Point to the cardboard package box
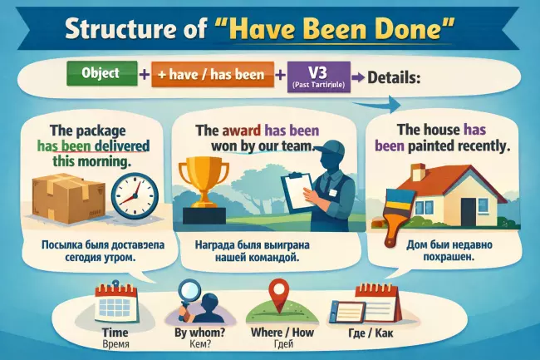(x=61, y=197)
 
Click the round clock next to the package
(x=133, y=197)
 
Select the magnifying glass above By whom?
(x=189, y=296)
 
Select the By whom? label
(x=193, y=333)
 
